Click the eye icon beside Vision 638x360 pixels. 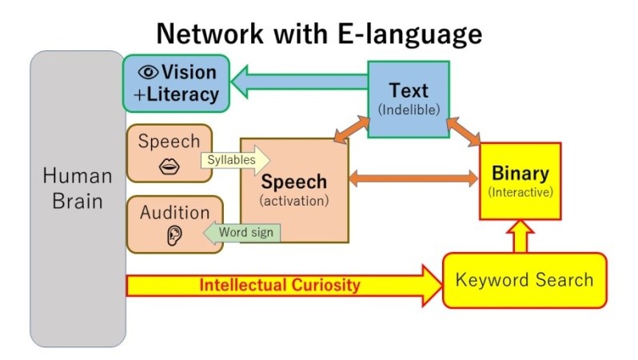148,73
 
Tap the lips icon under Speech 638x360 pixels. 169,166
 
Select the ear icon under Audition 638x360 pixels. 174,236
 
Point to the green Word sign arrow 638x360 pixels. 241,233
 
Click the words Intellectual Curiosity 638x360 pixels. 280,285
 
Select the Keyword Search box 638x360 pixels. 524,280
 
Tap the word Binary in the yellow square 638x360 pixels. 520,173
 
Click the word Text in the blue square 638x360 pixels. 409,90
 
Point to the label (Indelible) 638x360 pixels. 409,110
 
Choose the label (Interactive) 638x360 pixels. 520,192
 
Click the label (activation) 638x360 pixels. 294,201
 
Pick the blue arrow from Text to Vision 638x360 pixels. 300,82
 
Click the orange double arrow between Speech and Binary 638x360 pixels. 413,178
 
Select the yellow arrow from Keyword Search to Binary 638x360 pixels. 520,237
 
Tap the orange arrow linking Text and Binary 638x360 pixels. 464,131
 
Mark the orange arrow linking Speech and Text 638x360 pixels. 352,129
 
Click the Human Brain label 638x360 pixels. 78,189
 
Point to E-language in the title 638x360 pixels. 409,34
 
